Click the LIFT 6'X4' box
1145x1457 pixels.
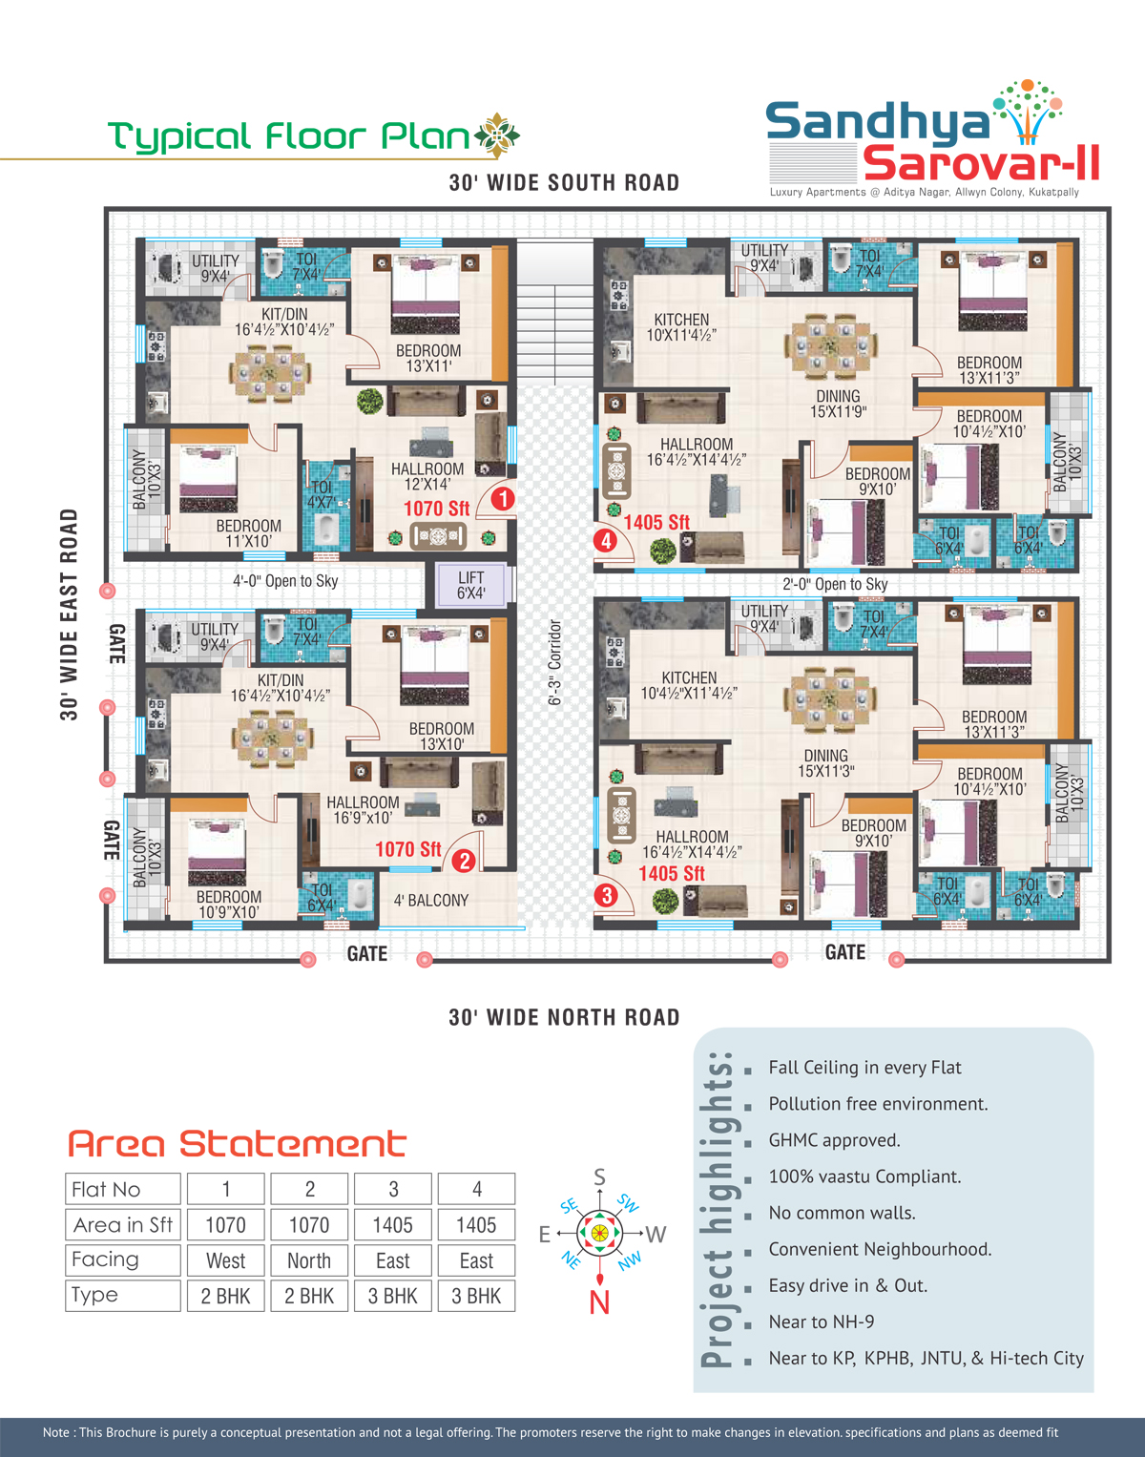click(470, 585)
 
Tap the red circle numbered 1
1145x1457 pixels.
click(503, 499)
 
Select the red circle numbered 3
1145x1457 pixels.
click(607, 895)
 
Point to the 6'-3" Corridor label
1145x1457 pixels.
click(554, 662)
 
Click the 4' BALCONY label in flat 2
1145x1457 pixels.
click(431, 901)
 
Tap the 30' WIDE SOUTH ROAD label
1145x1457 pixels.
click(565, 182)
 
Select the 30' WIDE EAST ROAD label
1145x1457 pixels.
click(69, 614)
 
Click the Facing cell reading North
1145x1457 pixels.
click(309, 1260)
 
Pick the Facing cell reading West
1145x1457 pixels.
click(226, 1260)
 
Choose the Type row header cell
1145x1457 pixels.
click(123, 1296)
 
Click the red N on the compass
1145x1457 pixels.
click(599, 1302)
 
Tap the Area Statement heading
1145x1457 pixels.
click(238, 1144)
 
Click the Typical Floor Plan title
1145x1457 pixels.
click(289, 136)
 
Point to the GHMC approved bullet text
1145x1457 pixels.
click(835, 1140)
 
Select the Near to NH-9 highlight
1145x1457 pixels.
click(822, 1322)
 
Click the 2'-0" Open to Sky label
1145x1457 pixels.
click(835, 584)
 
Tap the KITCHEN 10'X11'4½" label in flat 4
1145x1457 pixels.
click(682, 327)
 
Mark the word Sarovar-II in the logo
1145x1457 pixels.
click(982, 163)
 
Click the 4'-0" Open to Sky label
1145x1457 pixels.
click(285, 581)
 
